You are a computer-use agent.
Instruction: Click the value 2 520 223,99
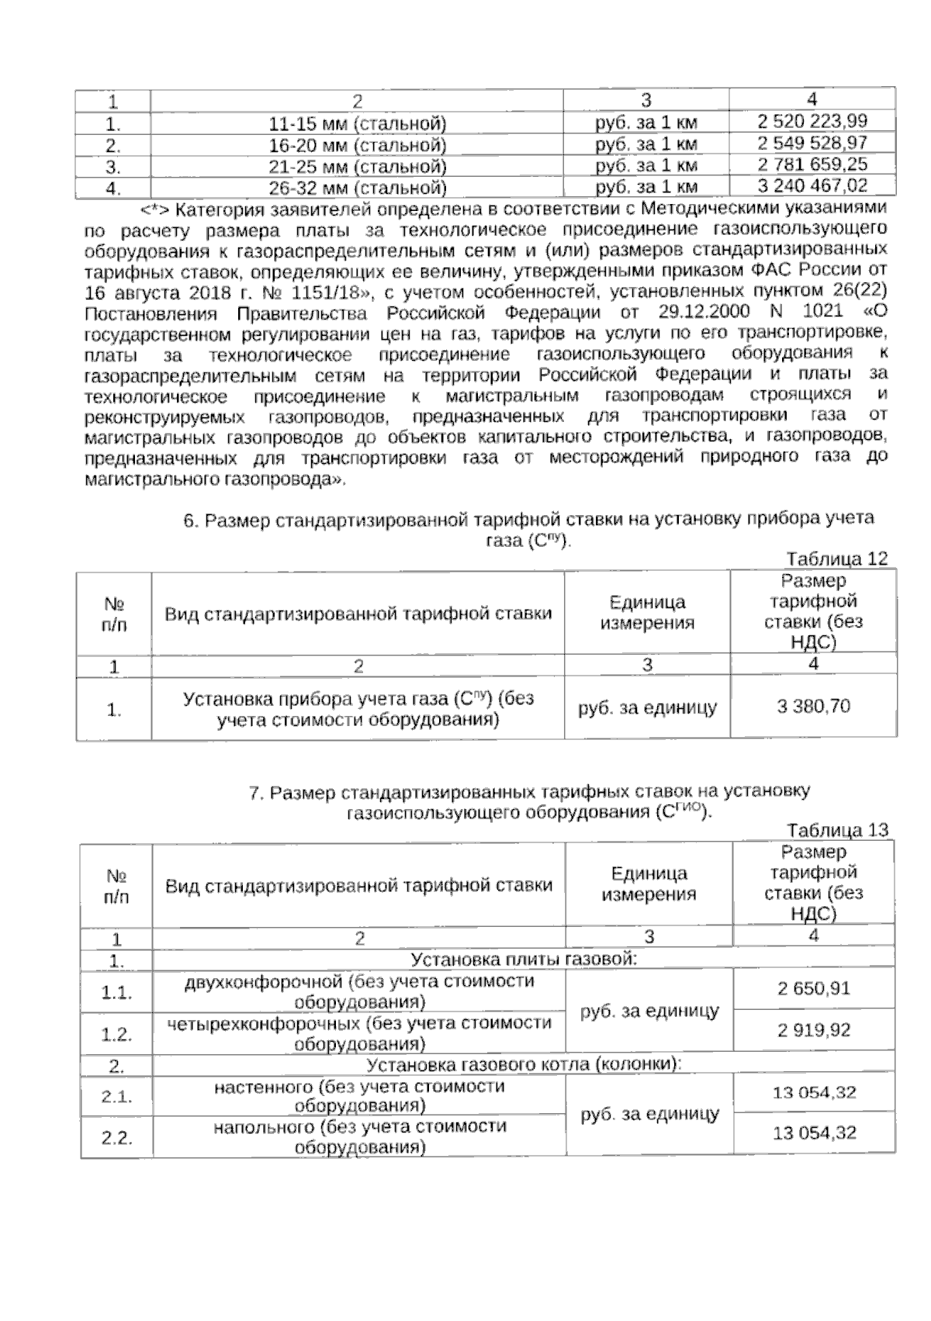click(x=812, y=121)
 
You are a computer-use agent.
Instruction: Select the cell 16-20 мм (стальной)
click(x=358, y=145)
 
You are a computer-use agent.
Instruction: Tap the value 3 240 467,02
click(x=812, y=185)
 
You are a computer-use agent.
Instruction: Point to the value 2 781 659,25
click(x=812, y=164)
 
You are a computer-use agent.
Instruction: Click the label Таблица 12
click(x=836, y=559)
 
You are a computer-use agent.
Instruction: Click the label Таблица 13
click(x=836, y=831)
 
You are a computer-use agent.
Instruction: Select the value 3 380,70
click(x=813, y=706)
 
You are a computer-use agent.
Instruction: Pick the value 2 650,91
click(x=814, y=988)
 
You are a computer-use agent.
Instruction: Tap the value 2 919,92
click(x=814, y=1030)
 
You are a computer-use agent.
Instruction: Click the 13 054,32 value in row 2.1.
click(x=814, y=1093)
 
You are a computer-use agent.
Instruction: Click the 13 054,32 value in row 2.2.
click(x=814, y=1133)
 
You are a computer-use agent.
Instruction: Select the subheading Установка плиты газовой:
click(x=523, y=960)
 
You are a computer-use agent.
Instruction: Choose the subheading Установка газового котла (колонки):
click(x=523, y=1065)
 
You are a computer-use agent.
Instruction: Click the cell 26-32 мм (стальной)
click(x=358, y=188)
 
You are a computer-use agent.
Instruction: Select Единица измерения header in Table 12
click(x=646, y=613)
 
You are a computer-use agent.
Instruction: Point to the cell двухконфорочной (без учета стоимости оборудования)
click(x=359, y=991)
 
